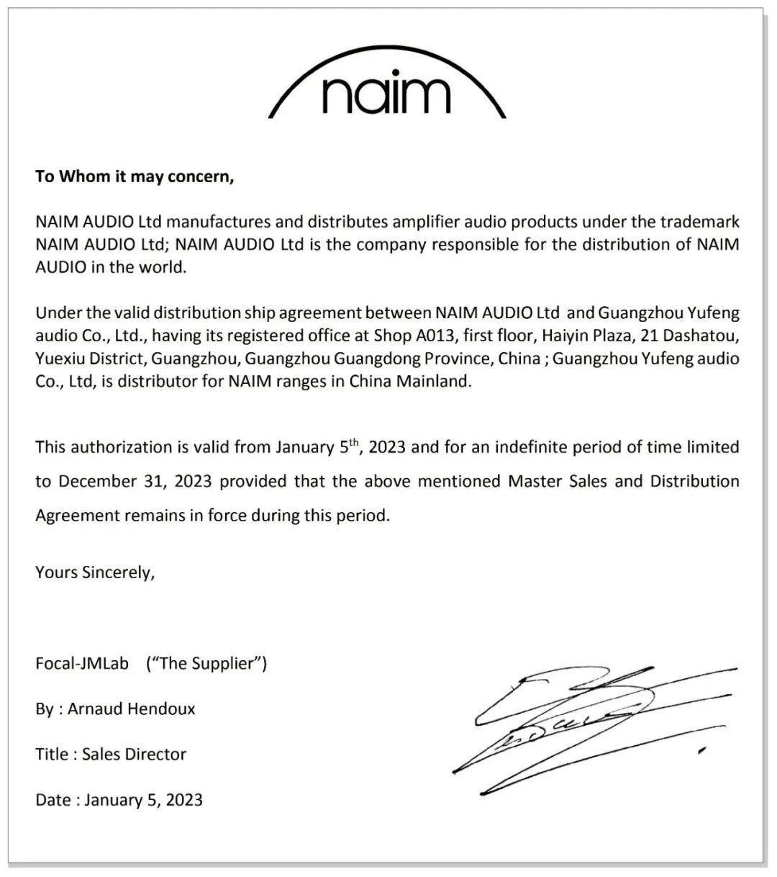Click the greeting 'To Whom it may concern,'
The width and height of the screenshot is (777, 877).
[x=135, y=176]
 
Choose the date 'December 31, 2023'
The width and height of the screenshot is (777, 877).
[x=135, y=481]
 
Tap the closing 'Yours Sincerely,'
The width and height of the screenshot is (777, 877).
[x=95, y=572]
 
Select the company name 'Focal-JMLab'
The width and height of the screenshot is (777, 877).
[x=82, y=663]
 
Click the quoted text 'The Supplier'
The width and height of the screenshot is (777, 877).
[x=206, y=663]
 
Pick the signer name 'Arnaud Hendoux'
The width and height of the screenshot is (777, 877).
[x=132, y=709]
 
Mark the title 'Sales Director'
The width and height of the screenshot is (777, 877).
[x=134, y=754]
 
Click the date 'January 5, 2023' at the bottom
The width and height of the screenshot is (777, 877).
[x=143, y=799]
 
